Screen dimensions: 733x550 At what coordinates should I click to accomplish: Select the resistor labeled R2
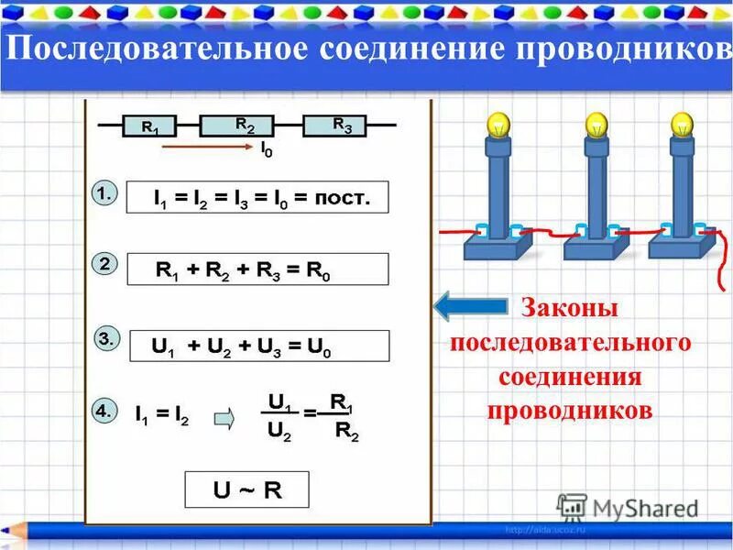pyautogui.click(x=244, y=126)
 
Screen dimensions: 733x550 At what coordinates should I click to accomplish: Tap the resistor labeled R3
pyautogui.click(x=341, y=126)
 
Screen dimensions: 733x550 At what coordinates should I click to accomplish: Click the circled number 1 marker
pyautogui.click(x=104, y=193)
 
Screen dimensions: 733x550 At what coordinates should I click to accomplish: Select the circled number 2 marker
pyautogui.click(x=104, y=264)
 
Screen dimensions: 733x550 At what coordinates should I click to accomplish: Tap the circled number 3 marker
pyautogui.click(x=105, y=339)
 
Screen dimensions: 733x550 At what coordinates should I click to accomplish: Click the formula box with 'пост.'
pyautogui.click(x=257, y=198)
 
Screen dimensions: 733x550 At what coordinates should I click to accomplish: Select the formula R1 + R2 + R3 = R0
pyautogui.click(x=257, y=269)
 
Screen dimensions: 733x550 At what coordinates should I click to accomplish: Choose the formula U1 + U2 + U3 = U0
pyautogui.click(x=257, y=346)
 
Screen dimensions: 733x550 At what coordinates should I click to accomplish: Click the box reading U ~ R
pyautogui.click(x=247, y=489)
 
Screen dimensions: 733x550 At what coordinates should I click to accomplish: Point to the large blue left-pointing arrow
pyautogui.click(x=470, y=305)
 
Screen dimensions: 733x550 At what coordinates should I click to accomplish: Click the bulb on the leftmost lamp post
pyautogui.click(x=498, y=123)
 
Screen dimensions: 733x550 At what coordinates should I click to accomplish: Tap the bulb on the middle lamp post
pyautogui.click(x=596, y=123)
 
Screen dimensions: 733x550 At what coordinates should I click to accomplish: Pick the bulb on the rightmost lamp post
pyautogui.click(x=682, y=123)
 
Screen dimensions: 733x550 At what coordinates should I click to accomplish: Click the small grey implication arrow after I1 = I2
pyautogui.click(x=224, y=419)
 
